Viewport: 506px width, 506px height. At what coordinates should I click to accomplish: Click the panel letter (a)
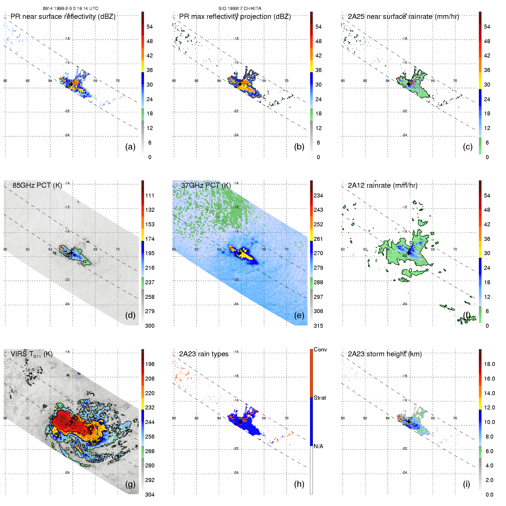[130, 147]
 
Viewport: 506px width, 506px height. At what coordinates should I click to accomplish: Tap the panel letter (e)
[299, 315]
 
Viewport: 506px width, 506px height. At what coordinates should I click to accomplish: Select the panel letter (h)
[299, 484]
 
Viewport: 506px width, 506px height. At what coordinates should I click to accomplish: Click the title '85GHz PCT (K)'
[37, 185]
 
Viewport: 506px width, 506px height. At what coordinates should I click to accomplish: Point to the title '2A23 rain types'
[204, 354]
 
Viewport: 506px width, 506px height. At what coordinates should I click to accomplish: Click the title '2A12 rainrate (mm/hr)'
[383, 185]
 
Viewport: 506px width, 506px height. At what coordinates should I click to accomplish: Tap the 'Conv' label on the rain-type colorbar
[320, 349]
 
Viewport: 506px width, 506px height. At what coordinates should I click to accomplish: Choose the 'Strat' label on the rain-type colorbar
[320, 398]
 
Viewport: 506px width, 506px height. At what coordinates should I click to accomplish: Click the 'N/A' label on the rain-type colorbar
[318, 446]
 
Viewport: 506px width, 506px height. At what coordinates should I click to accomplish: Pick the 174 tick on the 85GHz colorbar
[150, 239]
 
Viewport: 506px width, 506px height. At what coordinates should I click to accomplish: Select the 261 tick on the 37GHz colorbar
[318, 239]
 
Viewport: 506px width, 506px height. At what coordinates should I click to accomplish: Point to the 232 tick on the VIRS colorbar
[150, 407]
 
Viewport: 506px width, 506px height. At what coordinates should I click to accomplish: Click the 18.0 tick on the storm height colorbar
[489, 364]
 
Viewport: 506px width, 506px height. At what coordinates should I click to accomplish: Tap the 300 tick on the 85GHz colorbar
[150, 326]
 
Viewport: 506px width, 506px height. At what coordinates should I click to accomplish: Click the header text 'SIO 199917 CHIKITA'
[240, 9]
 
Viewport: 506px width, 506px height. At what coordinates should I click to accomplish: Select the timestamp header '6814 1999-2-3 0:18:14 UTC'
[71, 9]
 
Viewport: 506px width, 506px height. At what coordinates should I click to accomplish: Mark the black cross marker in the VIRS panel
[71, 421]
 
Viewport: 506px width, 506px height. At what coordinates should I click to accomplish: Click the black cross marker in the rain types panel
[240, 421]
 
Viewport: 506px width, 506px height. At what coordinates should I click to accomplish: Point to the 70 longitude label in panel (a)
[117, 81]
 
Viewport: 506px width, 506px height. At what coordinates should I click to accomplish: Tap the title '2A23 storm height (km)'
[385, 354]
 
